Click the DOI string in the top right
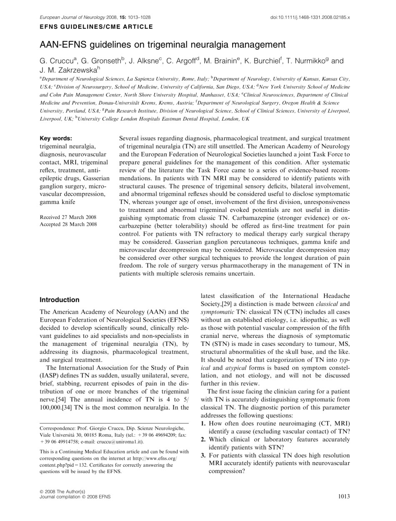(311, 18)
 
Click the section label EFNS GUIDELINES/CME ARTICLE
(96, 27)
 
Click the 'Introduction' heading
(59, 300)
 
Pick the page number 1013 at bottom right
(342, 496)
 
